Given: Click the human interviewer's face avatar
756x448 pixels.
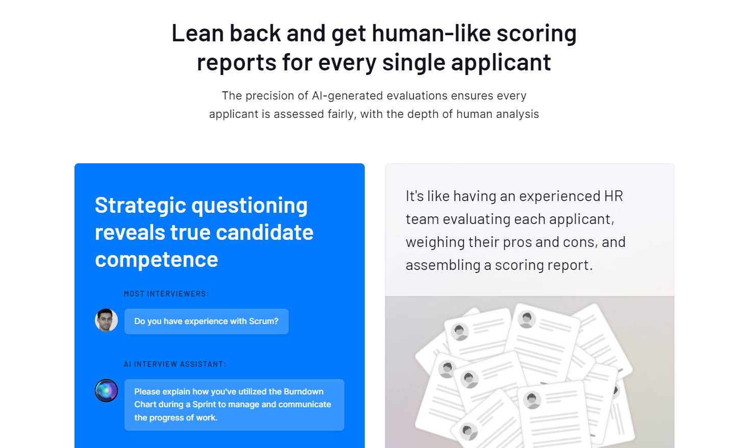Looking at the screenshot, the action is [106, 320].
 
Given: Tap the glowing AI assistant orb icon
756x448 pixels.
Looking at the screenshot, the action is [106, 391].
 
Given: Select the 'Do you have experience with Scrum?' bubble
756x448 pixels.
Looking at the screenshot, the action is [207, 321].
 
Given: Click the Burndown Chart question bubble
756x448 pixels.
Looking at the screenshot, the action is [234, 405].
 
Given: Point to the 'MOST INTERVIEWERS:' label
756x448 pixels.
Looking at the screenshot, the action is [166, 294].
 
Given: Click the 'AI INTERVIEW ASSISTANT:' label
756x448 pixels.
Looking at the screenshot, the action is [175, 364].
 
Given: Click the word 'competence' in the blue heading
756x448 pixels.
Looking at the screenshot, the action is [157, 260].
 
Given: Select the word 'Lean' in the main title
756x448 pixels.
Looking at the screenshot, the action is [198, 34].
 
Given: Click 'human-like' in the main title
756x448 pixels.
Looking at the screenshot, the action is [431, 34].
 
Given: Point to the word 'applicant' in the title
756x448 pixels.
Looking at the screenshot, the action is [501, 63].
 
